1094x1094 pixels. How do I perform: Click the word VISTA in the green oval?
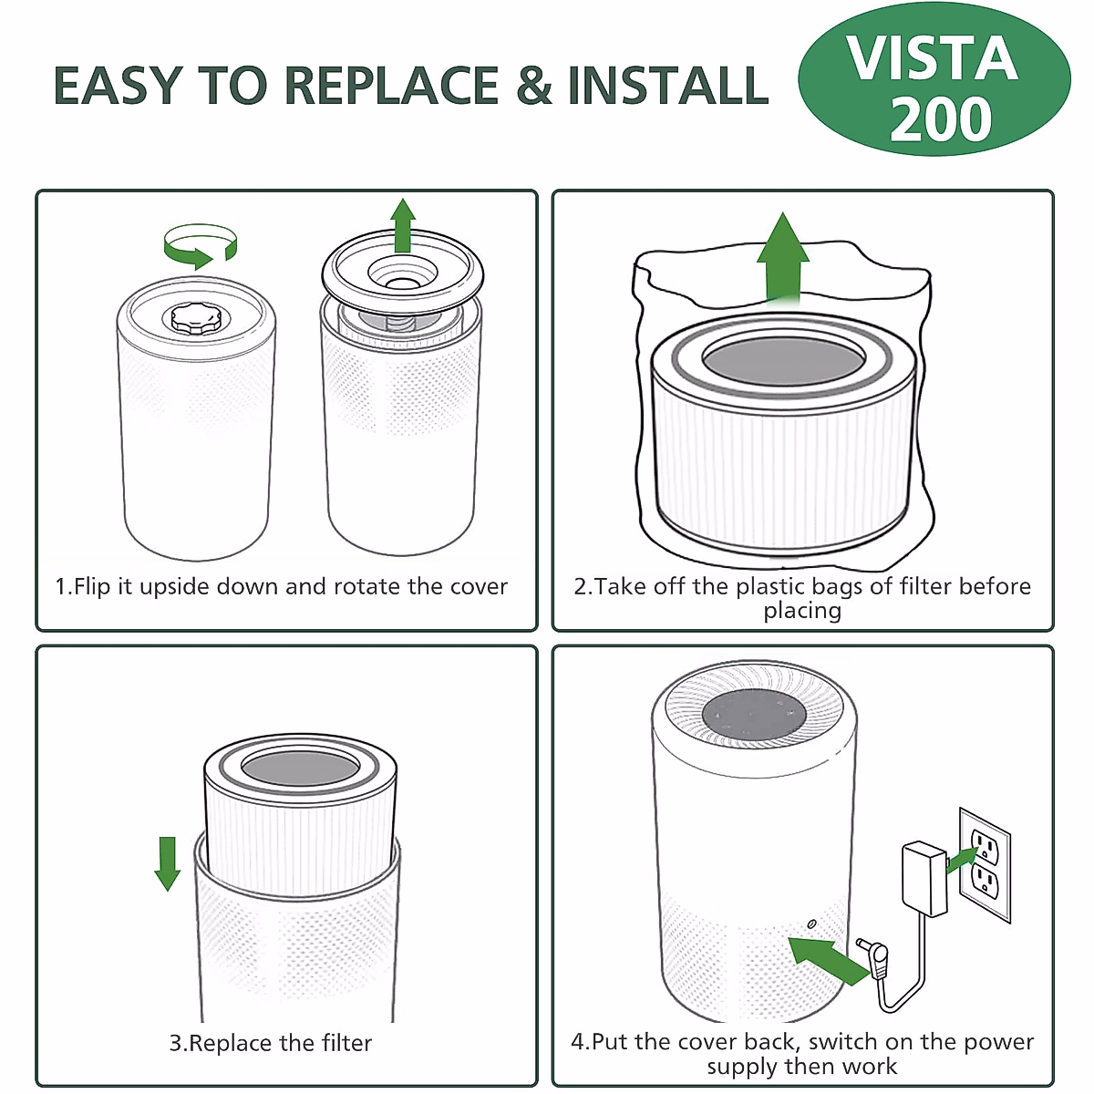tap(933, 58)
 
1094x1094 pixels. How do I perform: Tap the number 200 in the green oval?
tap(940, 119)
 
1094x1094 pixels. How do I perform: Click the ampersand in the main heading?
tap(534, 85)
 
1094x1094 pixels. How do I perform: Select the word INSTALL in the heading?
tap(668, 85)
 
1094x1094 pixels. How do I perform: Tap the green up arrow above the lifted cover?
tap(403, 225)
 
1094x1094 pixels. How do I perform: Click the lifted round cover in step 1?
tap(403, 272)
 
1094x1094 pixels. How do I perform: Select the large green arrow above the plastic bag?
tap(783, 257)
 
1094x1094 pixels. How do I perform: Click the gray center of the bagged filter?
tap(783, 360)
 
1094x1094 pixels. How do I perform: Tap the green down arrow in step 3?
tap(168, 863)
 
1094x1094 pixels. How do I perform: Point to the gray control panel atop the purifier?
tap(753, 716)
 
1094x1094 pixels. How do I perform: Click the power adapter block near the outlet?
tap(924, 879)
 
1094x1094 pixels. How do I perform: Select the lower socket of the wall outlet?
tap(985, 883)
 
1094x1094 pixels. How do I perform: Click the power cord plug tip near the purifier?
tap(864, 944)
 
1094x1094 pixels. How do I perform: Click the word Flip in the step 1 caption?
tap(92, 586)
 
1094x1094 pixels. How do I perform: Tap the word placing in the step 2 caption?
tap(801, 612)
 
